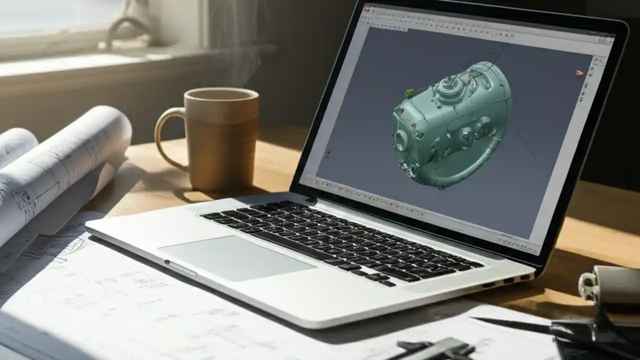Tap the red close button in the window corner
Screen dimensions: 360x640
[x=367, y=9]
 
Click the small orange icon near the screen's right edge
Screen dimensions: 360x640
[x=579, y=73]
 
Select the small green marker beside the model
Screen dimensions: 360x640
[x=409, y=93]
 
